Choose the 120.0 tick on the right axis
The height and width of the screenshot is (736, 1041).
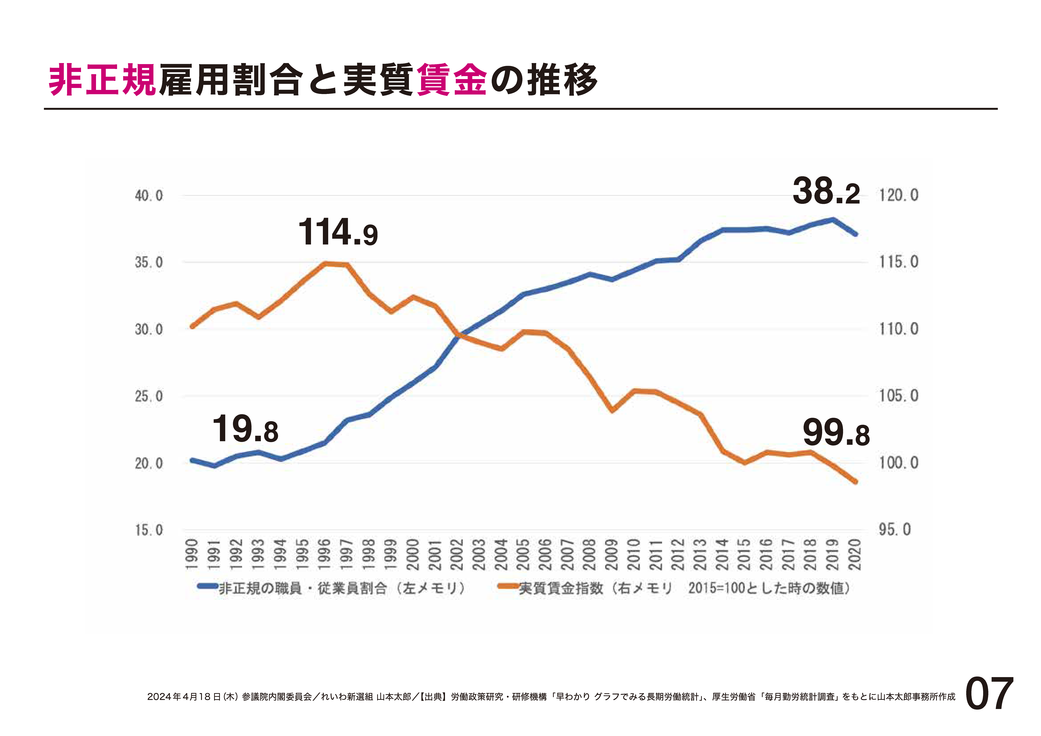899,195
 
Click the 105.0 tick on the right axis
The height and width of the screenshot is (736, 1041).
899,396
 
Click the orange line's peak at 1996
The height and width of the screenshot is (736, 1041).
325,263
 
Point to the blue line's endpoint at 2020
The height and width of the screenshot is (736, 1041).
856,234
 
